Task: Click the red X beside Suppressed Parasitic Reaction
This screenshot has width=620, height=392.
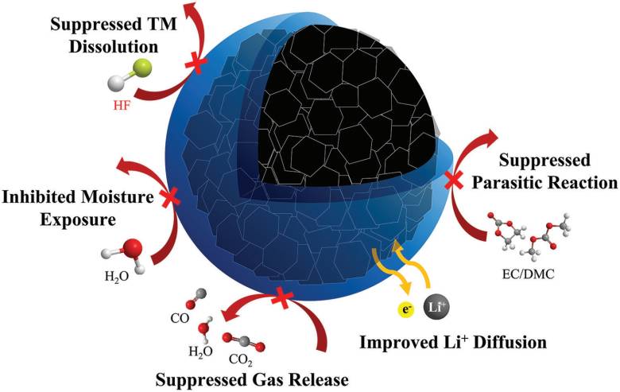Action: [x=454, y=180]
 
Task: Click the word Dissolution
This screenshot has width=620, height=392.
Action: [x=113, y=47]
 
